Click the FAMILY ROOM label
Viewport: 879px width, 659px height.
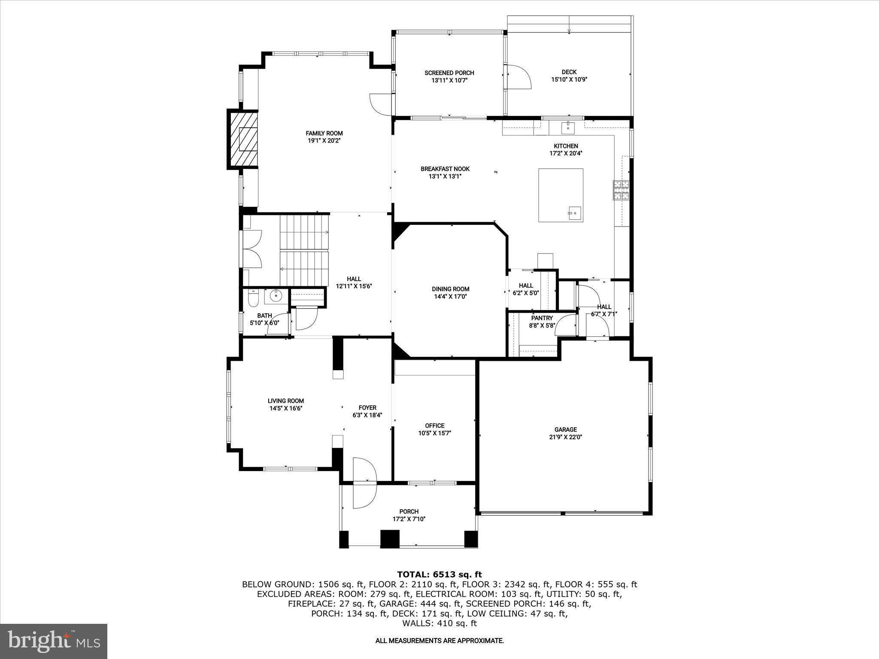pos(324,133)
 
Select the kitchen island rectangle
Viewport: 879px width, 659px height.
pos(561,195)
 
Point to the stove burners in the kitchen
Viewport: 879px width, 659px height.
pos(621,190)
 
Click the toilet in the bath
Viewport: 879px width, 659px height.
pos(253,298)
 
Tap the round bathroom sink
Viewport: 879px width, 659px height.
pos(276,296)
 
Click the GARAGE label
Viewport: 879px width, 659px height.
pos(565,429)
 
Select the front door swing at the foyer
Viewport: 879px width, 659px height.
pos(364,483)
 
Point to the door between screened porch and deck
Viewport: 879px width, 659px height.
pos(518,77)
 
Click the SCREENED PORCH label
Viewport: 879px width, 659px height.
pos(449,73)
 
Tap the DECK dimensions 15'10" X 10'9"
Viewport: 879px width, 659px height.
pos(569,79)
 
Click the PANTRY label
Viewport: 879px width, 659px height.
pos(542,318)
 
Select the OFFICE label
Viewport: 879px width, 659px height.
pos(434,426)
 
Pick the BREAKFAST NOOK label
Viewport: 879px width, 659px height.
pos(445,169)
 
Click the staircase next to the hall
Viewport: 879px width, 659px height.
pos(304,250)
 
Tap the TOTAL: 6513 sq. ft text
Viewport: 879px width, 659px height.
pos(439,574)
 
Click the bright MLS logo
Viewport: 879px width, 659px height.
pos(54,641)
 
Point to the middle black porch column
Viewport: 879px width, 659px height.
pos(390,538)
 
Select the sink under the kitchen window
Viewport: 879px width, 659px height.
pos(567,127)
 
